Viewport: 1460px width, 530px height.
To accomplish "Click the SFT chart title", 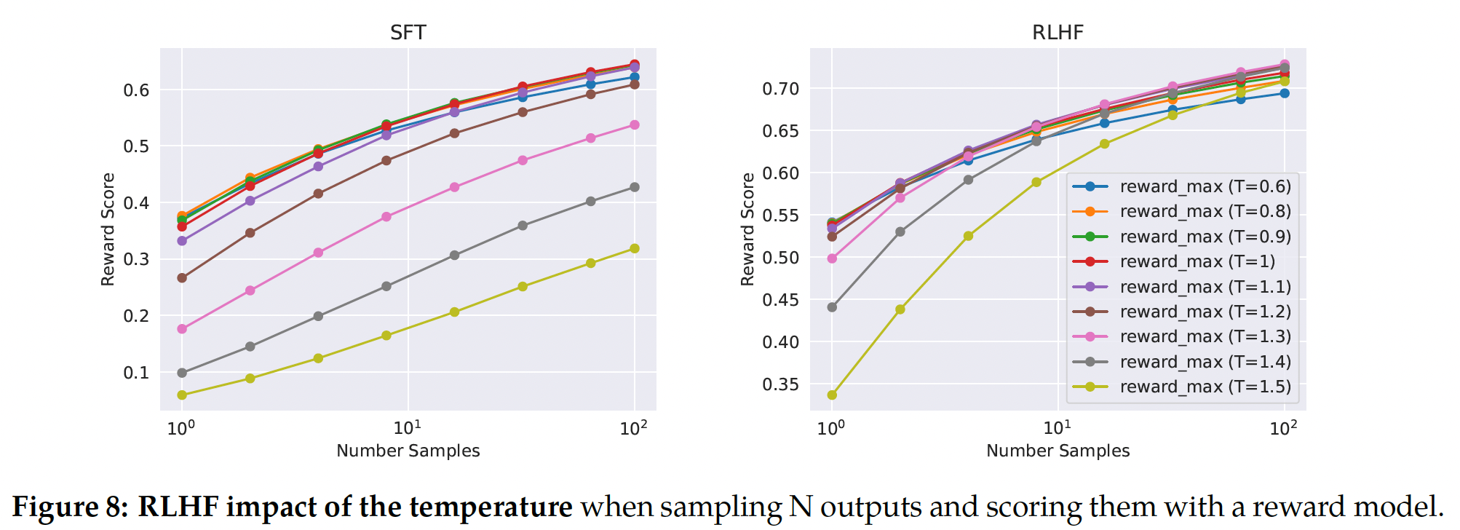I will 408,33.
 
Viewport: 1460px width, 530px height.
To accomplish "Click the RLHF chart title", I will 1058,33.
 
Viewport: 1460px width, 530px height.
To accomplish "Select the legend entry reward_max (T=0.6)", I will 1205,186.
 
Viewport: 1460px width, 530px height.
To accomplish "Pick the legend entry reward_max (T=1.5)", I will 1205,387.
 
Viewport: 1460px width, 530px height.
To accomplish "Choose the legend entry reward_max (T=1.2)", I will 1205,312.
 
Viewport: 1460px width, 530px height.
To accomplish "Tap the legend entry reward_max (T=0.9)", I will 1205,237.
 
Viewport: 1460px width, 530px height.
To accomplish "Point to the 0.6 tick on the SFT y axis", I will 136,90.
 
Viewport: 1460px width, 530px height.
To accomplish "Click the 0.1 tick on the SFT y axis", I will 136,373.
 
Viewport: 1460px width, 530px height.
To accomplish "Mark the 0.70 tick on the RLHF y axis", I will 780,89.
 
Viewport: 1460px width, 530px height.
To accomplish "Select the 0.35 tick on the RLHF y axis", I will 780,384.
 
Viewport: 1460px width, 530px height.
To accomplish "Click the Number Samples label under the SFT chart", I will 408,451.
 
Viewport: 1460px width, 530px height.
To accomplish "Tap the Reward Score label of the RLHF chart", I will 747,229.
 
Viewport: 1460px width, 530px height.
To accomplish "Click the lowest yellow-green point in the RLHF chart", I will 832,395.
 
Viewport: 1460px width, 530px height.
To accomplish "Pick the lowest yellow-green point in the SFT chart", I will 182,395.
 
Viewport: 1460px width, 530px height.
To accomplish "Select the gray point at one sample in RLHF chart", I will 832,307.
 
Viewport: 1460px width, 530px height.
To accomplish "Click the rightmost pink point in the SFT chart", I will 635,125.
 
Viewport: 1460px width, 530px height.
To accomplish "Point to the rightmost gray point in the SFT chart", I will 635,187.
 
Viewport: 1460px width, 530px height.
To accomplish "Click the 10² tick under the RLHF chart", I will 1283,428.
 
